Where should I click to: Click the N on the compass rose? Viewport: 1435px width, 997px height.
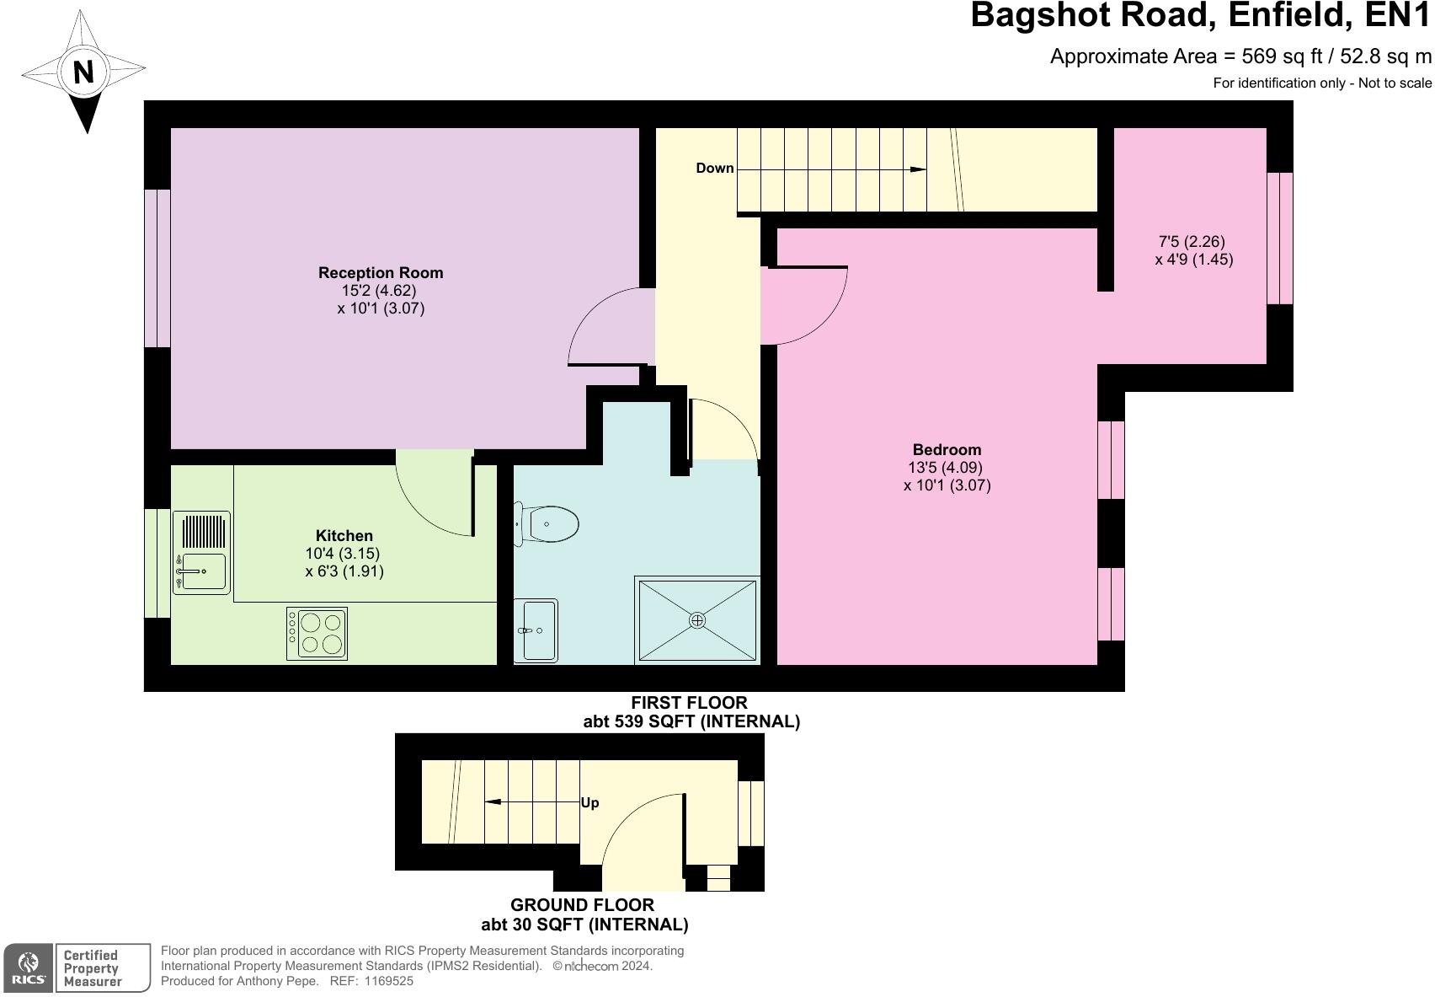pyautogui.click(x=83, y=72)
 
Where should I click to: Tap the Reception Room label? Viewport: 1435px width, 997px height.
pyautogui.click(x=381, y=272)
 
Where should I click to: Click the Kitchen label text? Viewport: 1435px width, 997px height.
pyautogui.click(x=344, y=535)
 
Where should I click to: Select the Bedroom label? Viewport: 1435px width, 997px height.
pyautogui.click(x=947, y=449)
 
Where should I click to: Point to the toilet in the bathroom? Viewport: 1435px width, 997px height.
pyautogui.click(x=548, y=524)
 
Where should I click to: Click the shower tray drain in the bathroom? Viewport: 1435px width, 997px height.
pyautogui.click(x=697, y=620)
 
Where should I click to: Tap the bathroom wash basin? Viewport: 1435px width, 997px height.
pyautogui.click(x=536, y=630)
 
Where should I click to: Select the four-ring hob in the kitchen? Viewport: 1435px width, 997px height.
pyautogui.click(x=317, y=633)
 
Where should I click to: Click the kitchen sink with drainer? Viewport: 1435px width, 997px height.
pyautogui.click(x=201, y=553)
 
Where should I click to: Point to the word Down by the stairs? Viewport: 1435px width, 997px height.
pyautogui.click(x=714, y=168)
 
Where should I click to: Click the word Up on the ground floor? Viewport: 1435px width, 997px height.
pyautogui.click(x=589, y=802)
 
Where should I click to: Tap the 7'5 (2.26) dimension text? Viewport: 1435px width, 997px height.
pyautogui.click(x=1192, y=242)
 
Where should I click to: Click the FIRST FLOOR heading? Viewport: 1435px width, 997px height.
pyautogui.click(x=689, y=702)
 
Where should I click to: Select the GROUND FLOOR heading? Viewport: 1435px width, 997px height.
pyautogui.click(x=582, y=905)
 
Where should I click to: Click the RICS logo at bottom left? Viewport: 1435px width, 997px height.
pyautogui.click(x=29, y=968)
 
